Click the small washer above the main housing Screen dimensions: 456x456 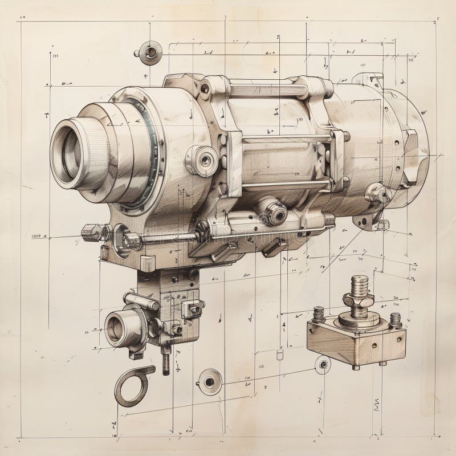(150, 53)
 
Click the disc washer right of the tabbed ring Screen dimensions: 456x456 (210, 380)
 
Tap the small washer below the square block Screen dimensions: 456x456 (323, 364)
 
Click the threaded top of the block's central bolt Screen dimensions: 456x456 (360, 282)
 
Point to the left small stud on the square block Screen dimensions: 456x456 (319, 313)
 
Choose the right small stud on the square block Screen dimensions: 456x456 (395, 319)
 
